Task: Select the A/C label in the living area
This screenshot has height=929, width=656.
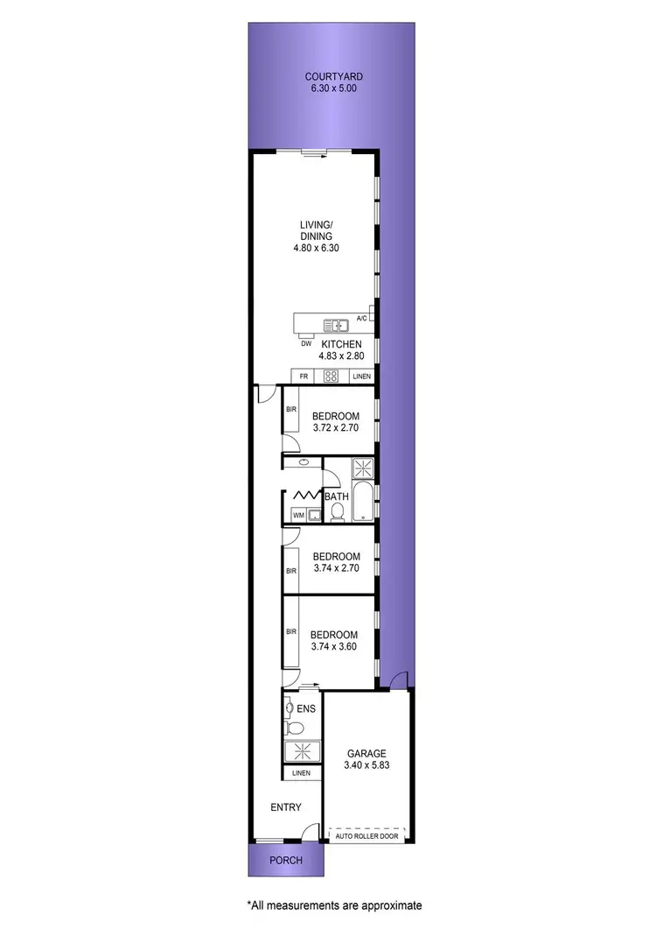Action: tap(362, 319)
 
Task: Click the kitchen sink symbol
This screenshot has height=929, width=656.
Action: tap(336, 326)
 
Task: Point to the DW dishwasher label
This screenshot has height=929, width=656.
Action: tap(307, 344)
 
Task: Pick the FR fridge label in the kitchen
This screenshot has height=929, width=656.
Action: tap(304, 377)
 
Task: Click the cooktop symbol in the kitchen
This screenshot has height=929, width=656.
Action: tap(331, 377)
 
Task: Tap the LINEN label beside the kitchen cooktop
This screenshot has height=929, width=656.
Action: tap(362, 377)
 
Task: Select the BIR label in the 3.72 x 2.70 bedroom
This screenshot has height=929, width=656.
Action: tap(290, 409)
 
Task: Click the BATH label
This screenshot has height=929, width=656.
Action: tap(337, 496)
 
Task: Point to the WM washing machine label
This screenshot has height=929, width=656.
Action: tap(297, 514)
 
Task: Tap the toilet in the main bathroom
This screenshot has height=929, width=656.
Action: tap(338, 514)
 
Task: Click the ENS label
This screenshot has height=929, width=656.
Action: tap(306, 707)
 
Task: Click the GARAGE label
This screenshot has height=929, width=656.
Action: tap(366, 754)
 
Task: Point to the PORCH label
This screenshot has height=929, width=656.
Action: tap(285, 861)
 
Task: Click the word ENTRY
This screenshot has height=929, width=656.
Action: tap(285, 807)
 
